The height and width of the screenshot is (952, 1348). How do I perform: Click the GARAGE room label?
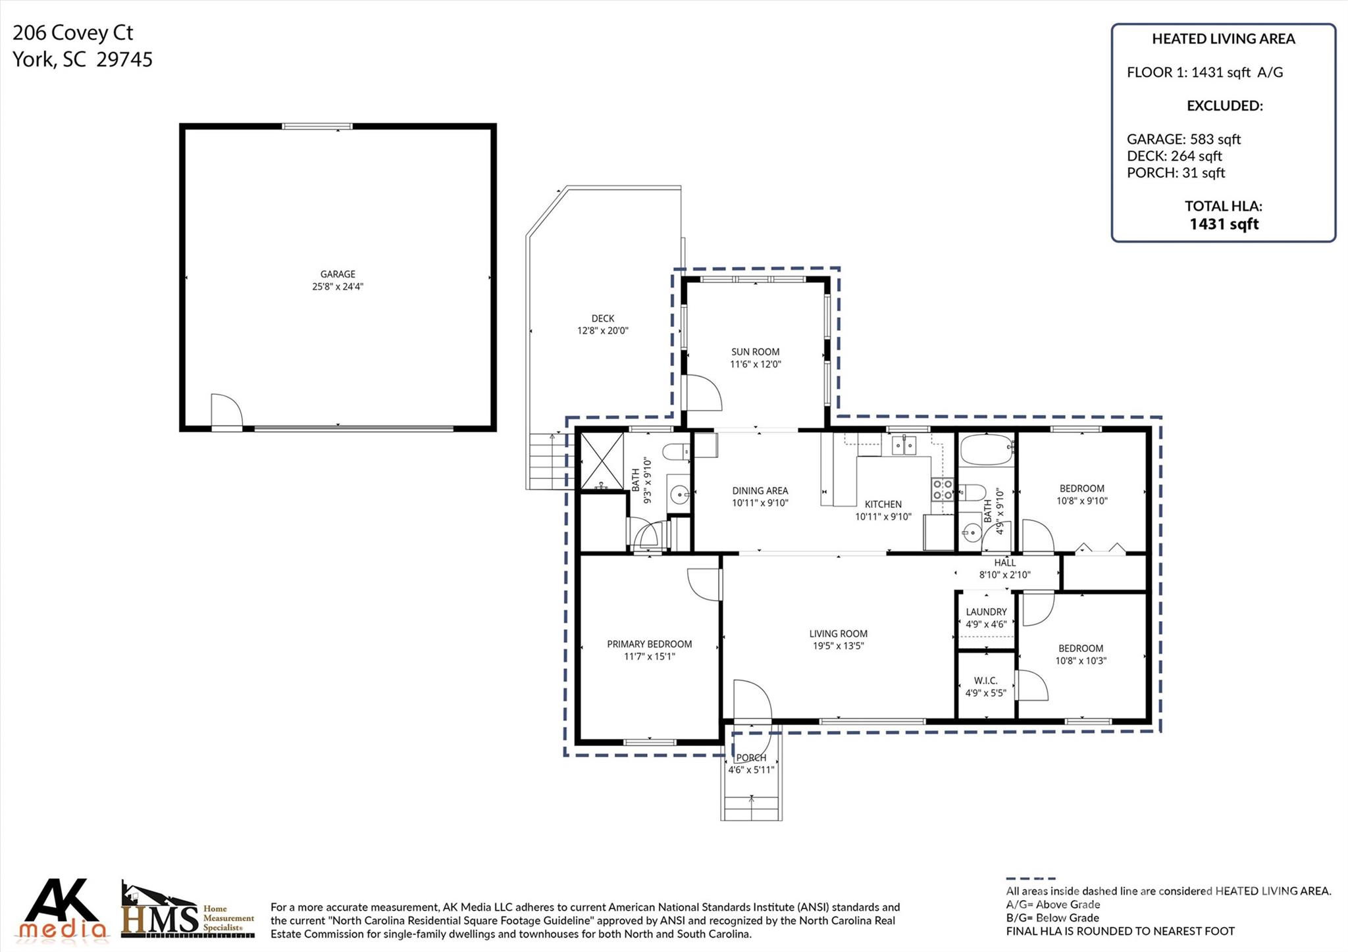[338, 274]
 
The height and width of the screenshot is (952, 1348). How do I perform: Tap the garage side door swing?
[226, 411]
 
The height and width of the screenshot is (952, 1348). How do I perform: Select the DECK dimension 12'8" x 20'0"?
[602, 331]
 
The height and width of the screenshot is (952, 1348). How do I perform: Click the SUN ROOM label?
[755, 352]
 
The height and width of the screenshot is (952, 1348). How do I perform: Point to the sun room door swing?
[703, 393]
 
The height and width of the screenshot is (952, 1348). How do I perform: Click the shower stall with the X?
[602, 460]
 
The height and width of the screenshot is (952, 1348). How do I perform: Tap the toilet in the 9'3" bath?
[675, 452]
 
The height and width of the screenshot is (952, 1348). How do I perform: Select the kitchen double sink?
[904, 447]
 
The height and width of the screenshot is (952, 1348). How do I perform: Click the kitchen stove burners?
[942, 489]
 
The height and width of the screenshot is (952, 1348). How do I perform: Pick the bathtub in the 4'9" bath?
[985, 449]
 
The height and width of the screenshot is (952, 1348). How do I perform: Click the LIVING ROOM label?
[838, 634]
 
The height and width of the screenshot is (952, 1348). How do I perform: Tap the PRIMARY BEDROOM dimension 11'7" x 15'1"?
[649, 657]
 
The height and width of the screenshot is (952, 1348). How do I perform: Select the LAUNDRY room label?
[986, 612]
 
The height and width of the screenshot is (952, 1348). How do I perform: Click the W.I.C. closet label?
[985, 681]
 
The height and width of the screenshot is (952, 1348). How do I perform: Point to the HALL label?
[1004, 563]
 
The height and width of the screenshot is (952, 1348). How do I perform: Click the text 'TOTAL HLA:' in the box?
[1223, 206]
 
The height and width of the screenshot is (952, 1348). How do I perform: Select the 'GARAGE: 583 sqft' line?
[1183, 139]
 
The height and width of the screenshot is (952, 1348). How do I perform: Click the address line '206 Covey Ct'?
[73, 33]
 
